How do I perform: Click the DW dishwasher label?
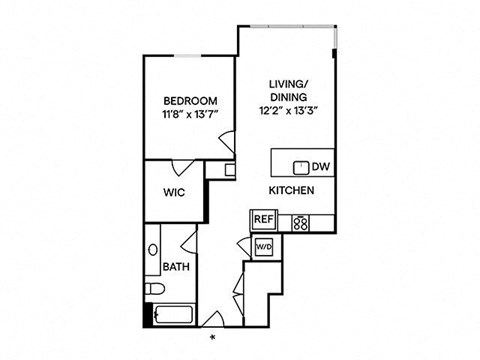tap(320, 167)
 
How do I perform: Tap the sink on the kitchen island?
tap(299, 166)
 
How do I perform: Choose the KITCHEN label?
tap(292, 190)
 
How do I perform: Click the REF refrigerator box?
tap(262, 219)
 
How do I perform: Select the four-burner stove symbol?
tap(299, 222)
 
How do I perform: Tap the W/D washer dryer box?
tap(264, 245)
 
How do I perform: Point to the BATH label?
tap(176, 267)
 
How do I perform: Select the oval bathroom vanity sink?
tap(153, 250)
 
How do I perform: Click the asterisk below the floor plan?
tap(211, 338)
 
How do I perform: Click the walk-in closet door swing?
tap(181, 169)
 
